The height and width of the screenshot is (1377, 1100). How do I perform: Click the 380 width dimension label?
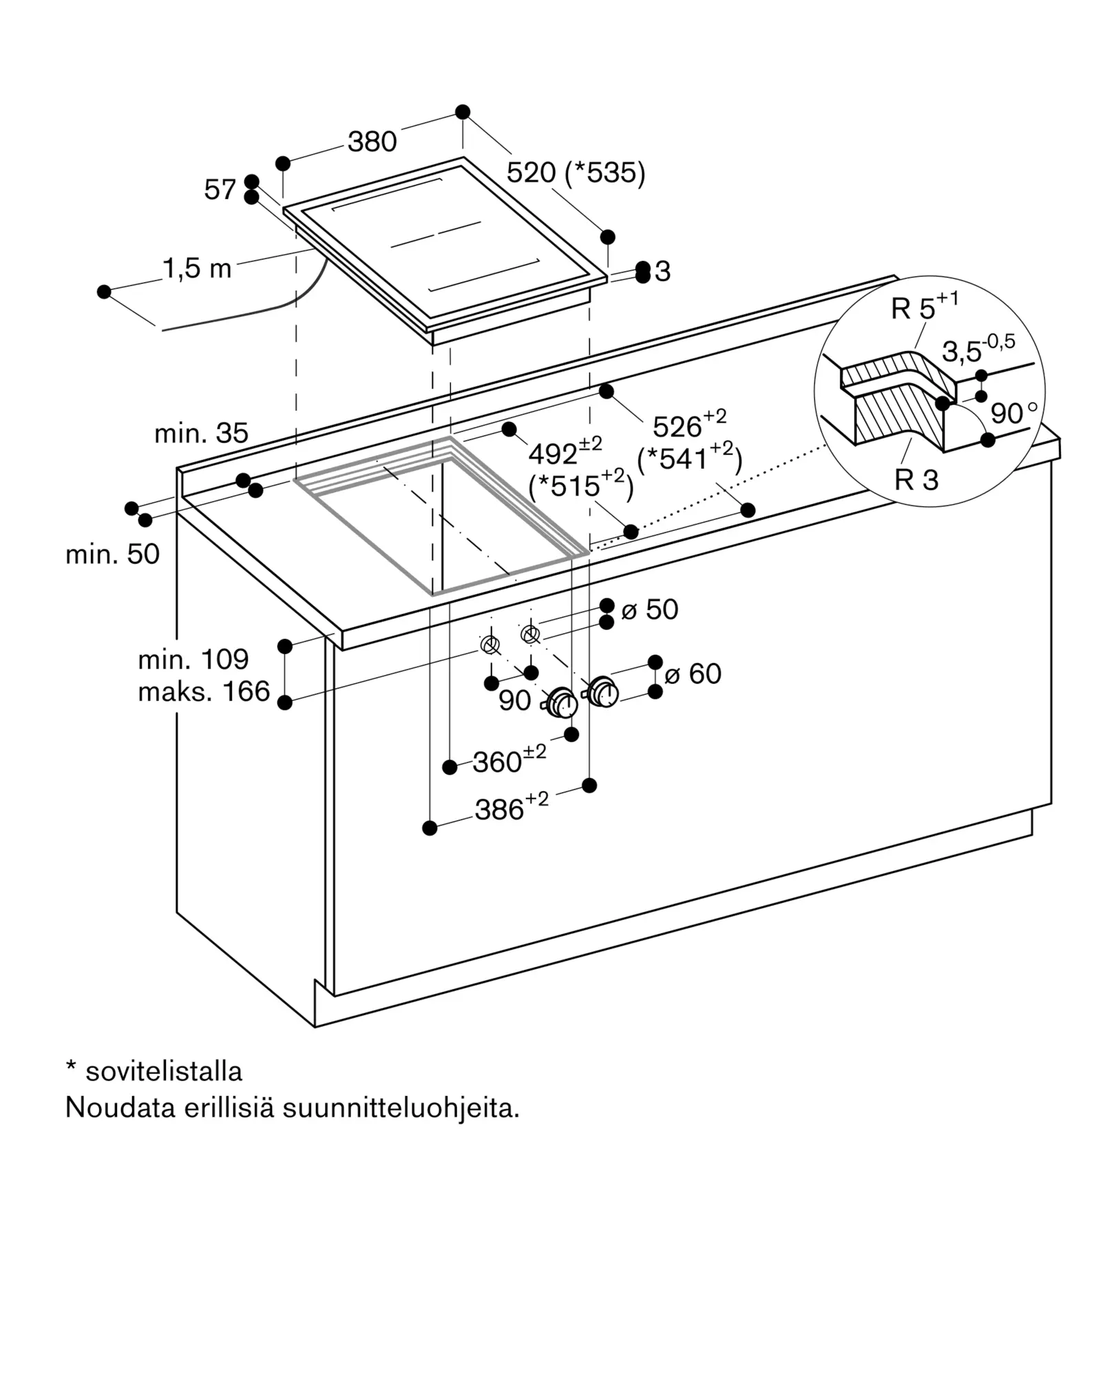click(x=372, y=142)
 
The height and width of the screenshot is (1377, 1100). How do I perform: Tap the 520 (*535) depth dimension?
click(x=576, y=173)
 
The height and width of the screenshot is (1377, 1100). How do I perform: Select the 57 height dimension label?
click(x=220, y=189)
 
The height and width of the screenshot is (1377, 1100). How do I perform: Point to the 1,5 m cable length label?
click(x=198, y=269)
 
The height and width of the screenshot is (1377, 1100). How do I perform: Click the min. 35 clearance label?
click(x=201, y=433)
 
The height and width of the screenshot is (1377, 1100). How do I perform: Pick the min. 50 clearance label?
click(x=112, y=554)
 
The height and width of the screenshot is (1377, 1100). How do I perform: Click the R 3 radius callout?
click(x=916, y=480)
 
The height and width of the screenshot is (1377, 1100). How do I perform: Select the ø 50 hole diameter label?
click(x=650, y=609)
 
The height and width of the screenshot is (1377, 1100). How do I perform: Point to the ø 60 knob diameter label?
click(x=693, y=673)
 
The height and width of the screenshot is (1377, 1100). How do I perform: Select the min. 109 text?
click(x=193, y=660)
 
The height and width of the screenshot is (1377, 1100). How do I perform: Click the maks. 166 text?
click(x=204, y=692)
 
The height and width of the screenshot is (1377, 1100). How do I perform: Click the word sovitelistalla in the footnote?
click(x=164, y=1071)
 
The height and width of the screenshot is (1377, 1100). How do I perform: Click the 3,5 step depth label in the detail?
click(x=978, y=349)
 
